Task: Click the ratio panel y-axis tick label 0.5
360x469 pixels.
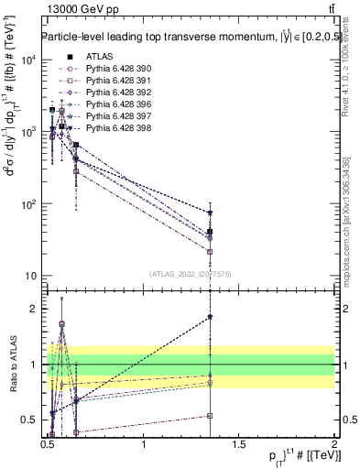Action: (29, 420)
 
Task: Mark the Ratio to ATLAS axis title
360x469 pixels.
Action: (13, 365)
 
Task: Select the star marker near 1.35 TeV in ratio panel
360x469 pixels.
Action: (211, 317)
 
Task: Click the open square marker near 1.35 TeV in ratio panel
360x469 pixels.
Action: (211, 415)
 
